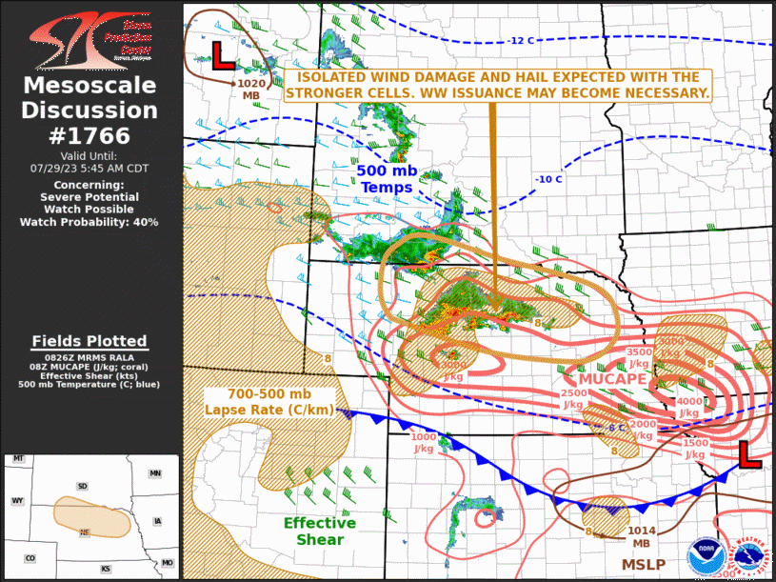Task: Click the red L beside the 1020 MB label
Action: click(x=222, y=55)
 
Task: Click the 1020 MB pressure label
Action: click(x=251, y=90)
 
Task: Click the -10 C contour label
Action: click(x=547, y=179)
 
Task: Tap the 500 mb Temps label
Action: click(x=386, y=178)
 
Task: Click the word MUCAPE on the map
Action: click(x=608, y=379)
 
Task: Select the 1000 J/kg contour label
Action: click(x=423, y=442)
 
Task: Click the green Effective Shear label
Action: click(x=320, y=532)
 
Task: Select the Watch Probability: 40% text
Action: click(x=90, y=222)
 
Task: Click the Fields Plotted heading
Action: click(x=90, y=341)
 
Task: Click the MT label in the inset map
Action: click(x=17, y=459)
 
